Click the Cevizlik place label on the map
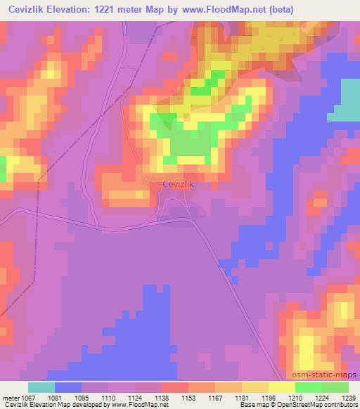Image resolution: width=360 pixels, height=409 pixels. [178, 185]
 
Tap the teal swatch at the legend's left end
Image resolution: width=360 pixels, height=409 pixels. [41, 387]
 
